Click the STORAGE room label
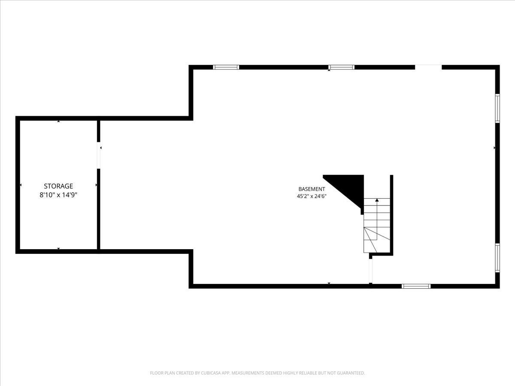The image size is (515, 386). [x=58, y=186]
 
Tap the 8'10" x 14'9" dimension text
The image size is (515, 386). [x=58, y=195]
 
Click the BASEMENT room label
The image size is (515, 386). [x=312, y=189]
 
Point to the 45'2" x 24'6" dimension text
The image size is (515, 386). [x=312, y=196]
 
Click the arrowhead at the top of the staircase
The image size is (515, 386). [x=377, y=200]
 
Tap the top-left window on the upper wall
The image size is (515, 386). [x=226, y=67]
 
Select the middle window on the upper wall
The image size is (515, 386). [x=341, y=67]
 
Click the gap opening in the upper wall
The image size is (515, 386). [x=428, y=67]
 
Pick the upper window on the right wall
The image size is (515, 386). [x=497, y=108]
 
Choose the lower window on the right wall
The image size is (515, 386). [x=497, y=258]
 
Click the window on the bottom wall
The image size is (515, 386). [x=416, y=286]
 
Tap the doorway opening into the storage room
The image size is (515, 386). [x=99, y=155]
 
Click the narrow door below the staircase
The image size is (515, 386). [x=370, y=271]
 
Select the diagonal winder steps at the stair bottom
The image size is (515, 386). [x=373, y=240]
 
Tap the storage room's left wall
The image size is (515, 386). [x=18, y=185]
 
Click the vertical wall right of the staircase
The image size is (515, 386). [x=391, y=215]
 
